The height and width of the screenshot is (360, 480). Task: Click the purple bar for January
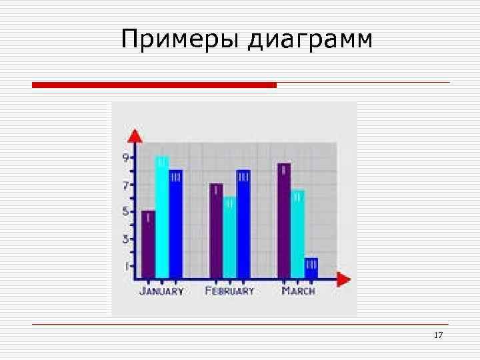(148, 244)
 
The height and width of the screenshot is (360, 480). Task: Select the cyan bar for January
(162, 217)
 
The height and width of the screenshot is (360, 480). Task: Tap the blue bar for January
(175, 224)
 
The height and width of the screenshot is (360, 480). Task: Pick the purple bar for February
(216, 231)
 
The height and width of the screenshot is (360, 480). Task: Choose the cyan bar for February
(229, 237)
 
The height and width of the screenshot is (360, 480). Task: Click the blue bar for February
(243, 224)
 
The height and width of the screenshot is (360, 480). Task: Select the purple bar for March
(284, 221)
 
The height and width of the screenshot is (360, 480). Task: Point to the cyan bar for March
(297, 234)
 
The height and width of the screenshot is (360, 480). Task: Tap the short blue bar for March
(311, 267)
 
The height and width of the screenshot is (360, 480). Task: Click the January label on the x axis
(161, 291)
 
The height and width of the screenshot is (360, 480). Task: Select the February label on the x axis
(229, 291)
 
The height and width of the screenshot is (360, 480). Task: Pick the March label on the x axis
(298, 291)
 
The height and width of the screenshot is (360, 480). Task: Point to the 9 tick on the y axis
(126, 158)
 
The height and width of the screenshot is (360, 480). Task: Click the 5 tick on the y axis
(126, 212)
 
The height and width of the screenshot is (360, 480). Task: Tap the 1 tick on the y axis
(126, 265)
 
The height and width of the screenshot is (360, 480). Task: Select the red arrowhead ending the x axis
(343, 278)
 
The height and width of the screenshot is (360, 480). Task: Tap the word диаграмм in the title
(310, 41)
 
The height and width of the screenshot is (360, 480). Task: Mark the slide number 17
(438, 335)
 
